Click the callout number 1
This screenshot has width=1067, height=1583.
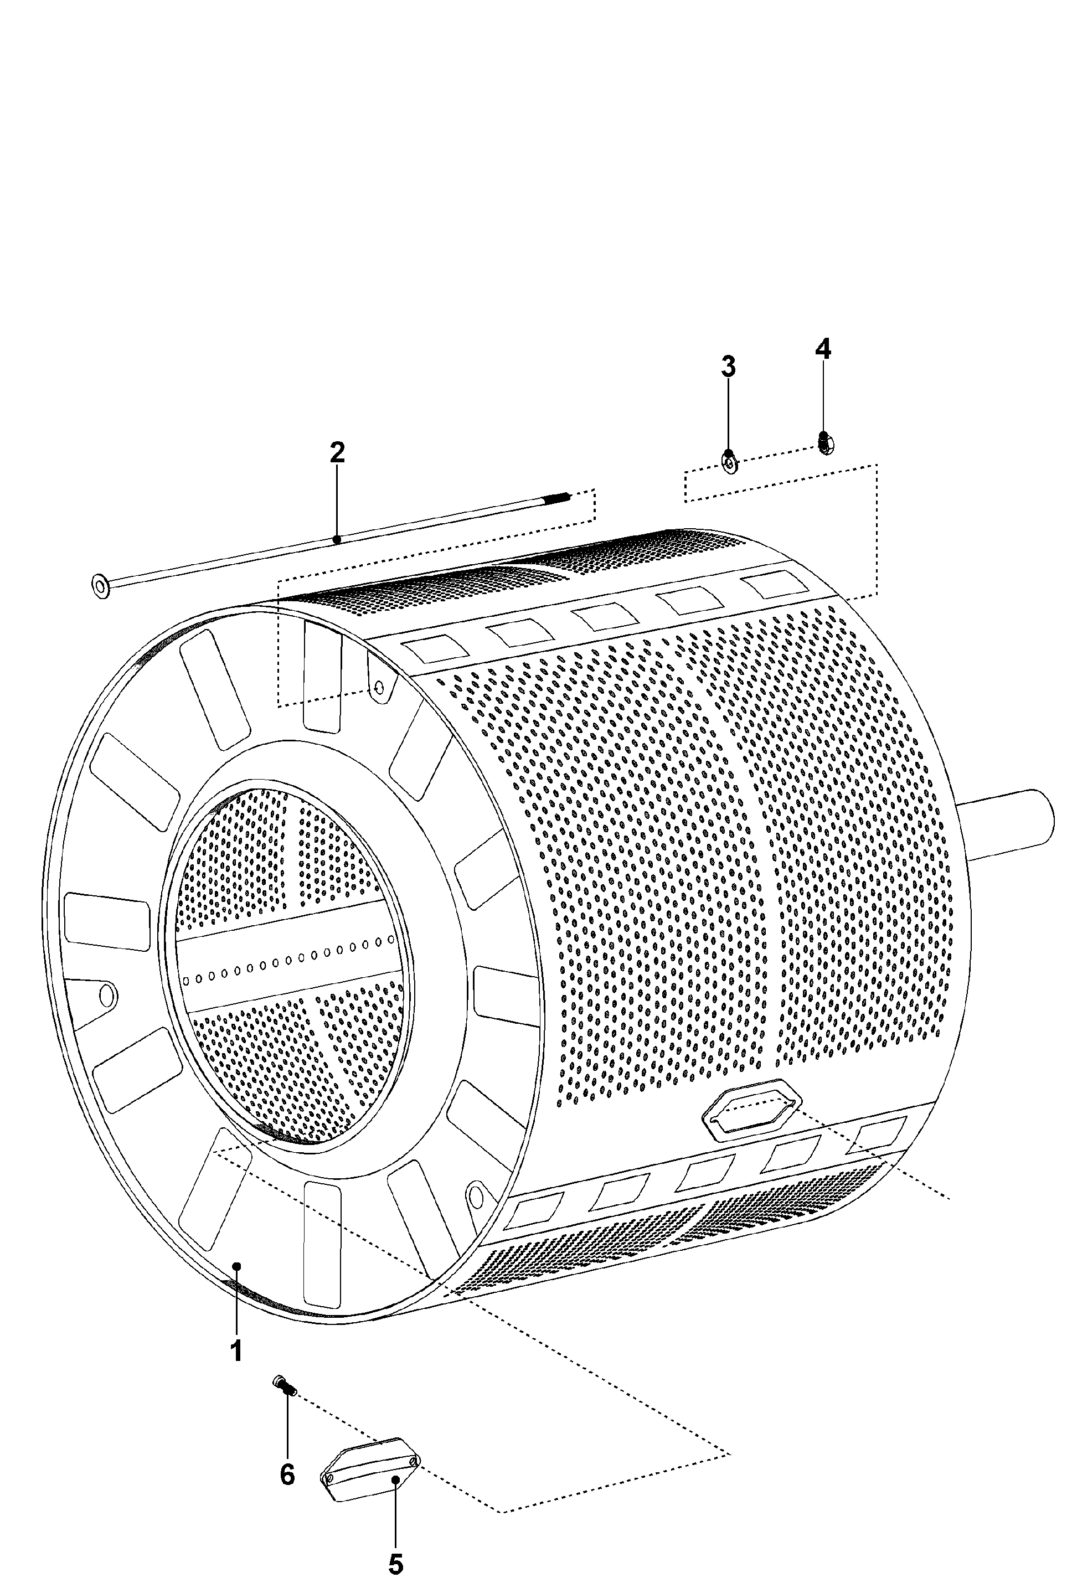click(236, 1350)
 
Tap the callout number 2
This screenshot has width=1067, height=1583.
click(337, 452)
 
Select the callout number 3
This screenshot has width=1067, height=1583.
click(728, 367)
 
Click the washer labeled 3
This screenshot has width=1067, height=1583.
click(729, 464)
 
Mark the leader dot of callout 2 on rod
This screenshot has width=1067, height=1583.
click(337, 539)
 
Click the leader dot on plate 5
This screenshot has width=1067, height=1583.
click(395, 1478)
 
